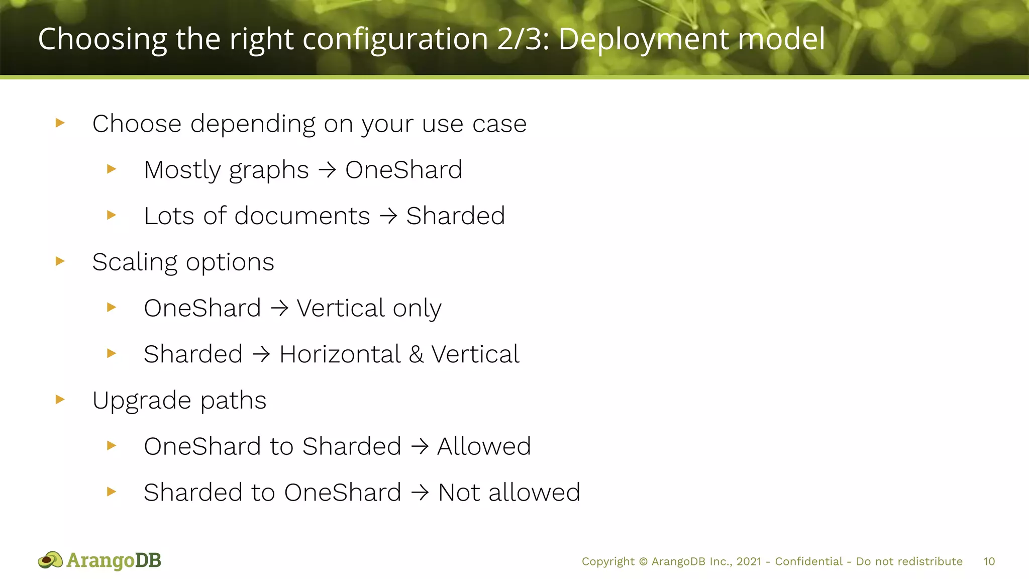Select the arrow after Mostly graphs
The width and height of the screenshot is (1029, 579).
coord(327,170)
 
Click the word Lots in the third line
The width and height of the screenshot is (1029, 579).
coord(169,216)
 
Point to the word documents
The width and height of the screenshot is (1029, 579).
coord(302,216)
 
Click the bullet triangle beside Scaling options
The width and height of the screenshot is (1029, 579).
coord(60,261)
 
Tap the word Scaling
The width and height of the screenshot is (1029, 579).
coord(134,262)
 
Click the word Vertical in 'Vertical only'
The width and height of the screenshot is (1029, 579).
coord(341,308)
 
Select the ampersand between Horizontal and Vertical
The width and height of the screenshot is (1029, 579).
coord(416,354)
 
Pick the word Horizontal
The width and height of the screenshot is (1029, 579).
coord(340,354)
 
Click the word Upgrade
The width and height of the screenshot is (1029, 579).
coord(142,401)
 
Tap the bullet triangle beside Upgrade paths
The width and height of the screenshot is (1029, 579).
coord(60,400)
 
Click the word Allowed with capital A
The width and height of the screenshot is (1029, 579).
coord(484,446)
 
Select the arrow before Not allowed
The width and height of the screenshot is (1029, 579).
coord(420,493)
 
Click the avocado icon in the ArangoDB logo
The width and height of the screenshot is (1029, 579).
coord(50,560)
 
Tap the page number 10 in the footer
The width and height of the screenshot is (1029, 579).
coord(989,561)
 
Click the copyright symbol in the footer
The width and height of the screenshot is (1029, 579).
coord(643,561)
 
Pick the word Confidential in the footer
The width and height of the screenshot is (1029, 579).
coord(808,561)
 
